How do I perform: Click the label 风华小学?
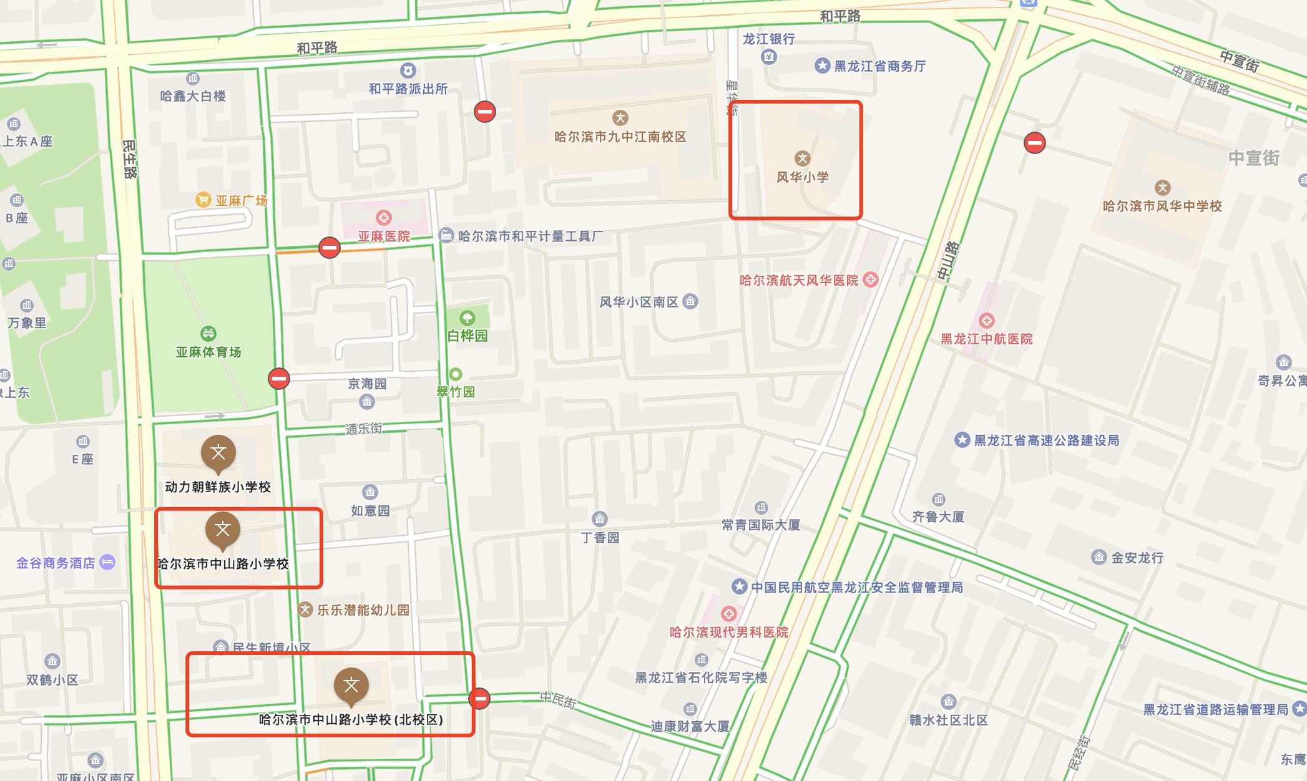(802, 177)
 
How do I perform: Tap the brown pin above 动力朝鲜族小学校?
(218, 452)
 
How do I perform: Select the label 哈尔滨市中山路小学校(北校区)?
(351, 720)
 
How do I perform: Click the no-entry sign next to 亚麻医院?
(330, 248)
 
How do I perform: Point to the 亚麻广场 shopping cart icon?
(203, 200)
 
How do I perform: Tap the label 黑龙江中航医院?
(986, 339)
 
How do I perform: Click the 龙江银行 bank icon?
(769, 57)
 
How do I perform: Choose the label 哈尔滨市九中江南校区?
(620, 137)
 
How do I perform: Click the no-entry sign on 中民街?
(479, 698)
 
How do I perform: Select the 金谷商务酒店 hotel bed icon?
(107, 563)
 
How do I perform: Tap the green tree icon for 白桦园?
(467, 318)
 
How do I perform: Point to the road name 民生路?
(129, 159)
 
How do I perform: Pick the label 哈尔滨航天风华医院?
(799, 281)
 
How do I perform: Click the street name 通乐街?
(364, 429)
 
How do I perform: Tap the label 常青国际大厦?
(761, 525)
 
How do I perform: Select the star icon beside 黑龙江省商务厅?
(822, 65)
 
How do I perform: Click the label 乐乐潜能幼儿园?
(363, 610)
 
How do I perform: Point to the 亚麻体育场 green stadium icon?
(208, 333)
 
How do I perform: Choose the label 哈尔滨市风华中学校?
(1162, 206)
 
